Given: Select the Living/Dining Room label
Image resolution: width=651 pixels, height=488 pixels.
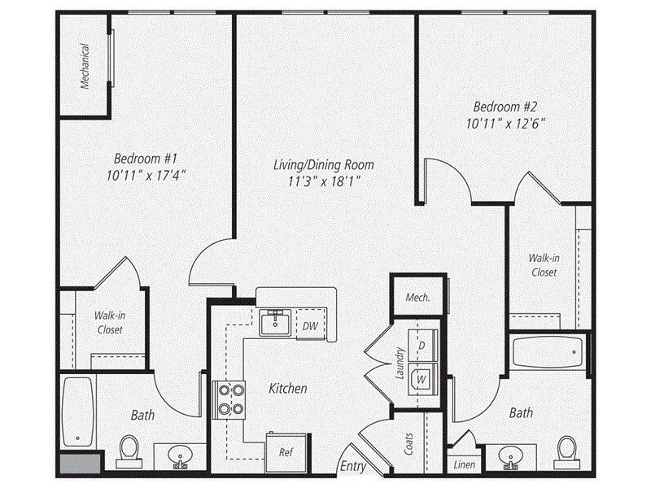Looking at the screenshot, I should click(x=317, y=165).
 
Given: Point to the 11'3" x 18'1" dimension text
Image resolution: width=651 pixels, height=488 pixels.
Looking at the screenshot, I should click(x=317, y=181).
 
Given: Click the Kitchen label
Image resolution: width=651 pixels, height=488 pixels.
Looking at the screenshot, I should click(x=288, y=389).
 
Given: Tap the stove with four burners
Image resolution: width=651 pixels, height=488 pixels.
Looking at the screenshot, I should click(x=230, y=399).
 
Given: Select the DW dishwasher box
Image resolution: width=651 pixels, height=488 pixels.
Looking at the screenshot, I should click(x=310, y=326).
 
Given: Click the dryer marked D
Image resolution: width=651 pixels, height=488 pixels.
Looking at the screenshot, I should click(x=422, y=346).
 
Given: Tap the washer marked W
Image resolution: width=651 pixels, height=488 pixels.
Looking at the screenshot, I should click(x=422, y=377).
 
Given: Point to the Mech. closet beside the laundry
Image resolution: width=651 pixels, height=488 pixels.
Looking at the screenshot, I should click(x=417, y=298).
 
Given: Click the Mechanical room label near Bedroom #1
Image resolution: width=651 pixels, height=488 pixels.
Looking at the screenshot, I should click(x=85, y=65).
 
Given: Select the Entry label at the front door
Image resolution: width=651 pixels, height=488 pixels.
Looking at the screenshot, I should click(x=353, y=467).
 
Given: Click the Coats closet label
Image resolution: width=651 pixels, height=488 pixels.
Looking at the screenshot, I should click(x=409, y=443).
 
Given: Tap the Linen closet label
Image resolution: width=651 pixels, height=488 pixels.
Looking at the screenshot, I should click(x=464, y=464).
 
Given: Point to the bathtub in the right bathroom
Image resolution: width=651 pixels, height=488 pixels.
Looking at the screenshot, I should click(x=547, y=355).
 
